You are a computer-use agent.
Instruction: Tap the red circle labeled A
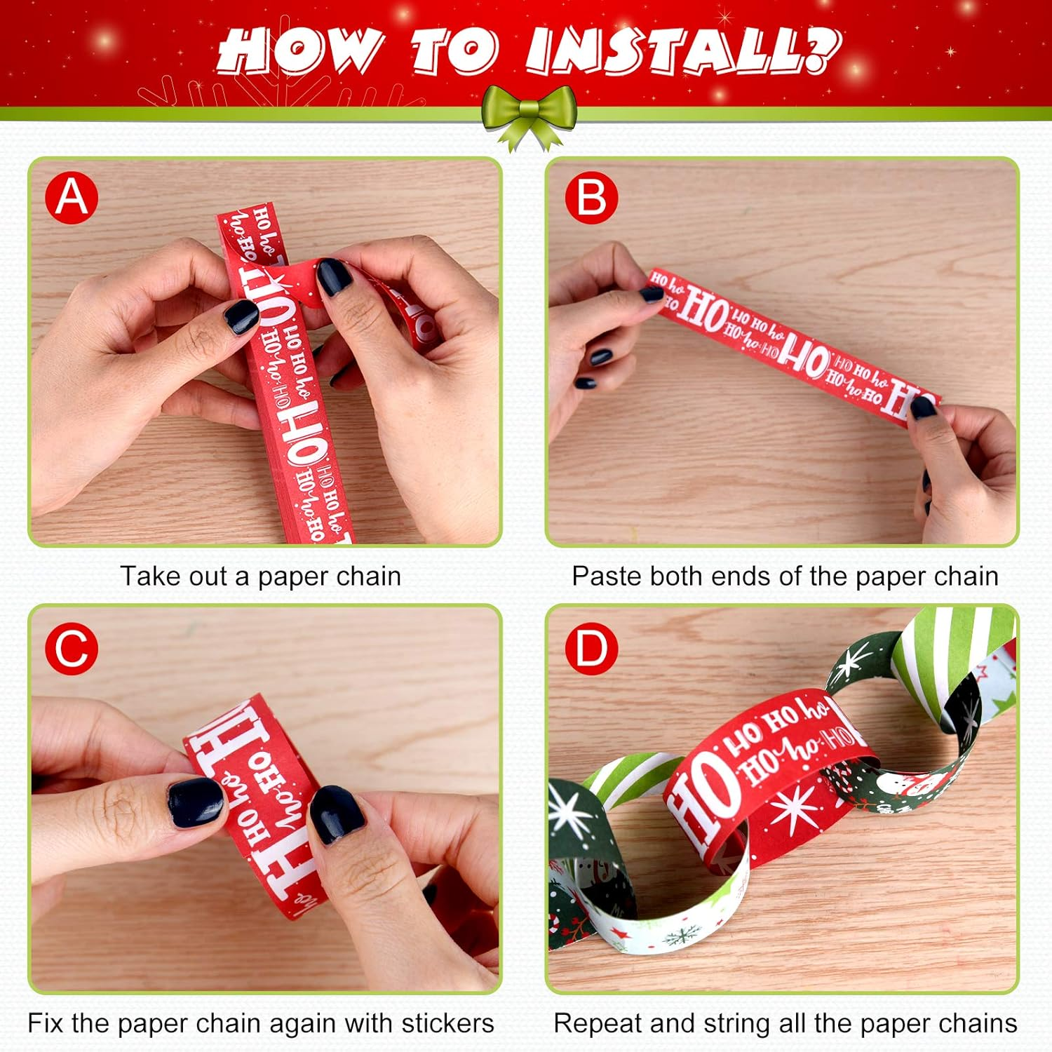(x=72, y=197)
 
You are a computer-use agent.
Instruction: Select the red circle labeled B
(x=591, y=197)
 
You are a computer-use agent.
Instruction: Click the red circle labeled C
(x=72, y=648)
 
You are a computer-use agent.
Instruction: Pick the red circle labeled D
(x=591, y=648)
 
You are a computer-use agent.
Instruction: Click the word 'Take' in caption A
(x=147, y=576)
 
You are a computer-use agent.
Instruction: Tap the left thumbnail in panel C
(x=196, y=801)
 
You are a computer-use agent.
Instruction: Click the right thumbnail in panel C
(x=337, y=814)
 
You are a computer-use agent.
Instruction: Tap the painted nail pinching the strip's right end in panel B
(x=922, y=407)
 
